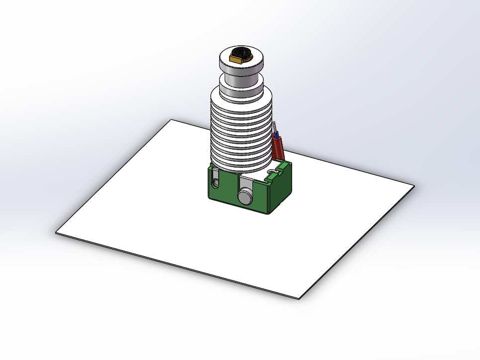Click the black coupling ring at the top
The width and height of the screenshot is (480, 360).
click(242, 52)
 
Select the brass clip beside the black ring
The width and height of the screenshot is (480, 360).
click(235, 60)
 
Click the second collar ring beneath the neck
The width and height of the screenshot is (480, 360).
click(241, 88)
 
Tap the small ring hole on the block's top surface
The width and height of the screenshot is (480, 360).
click(271, 172)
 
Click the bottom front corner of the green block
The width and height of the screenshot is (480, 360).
click(268, 213)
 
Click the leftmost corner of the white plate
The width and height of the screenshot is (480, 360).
click(56, 232)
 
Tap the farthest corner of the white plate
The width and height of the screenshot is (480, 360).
click(171, 120)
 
